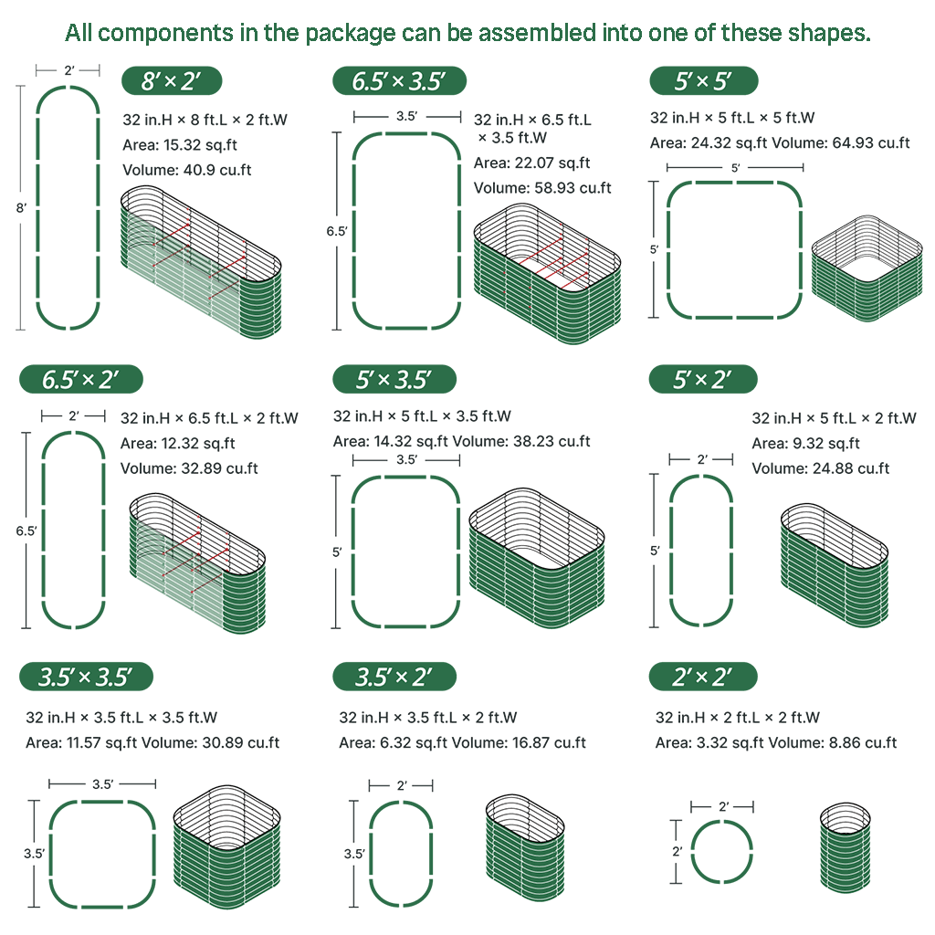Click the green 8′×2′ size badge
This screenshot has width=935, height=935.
click(x=172, y=80)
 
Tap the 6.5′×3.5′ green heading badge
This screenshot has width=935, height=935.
click(x=399, y=80)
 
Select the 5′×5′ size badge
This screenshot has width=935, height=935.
click(x=704, y=80)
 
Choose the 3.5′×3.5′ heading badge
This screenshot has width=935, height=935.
click(x=86, y=677)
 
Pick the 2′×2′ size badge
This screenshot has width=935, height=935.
click(x=703, y=677)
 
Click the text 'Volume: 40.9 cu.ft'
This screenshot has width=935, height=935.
click(x=186, y=170)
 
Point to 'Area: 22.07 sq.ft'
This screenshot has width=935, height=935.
click(x=531, y=163)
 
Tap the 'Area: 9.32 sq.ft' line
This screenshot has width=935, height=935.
click(x=805, y=443)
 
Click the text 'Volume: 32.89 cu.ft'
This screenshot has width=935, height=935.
click(x=189, y=468)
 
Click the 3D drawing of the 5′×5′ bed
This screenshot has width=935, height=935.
click(x=867, y=269)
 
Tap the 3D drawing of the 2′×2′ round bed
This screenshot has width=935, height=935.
click(x=845, y=848)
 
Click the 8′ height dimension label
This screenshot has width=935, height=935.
click(x=21, y=208)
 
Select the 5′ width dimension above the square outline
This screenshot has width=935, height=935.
click(x=735, y=168)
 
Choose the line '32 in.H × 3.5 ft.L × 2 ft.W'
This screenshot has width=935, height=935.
click(x=427, y=718)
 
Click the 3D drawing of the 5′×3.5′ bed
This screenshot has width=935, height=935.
click(x=537, y=558)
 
